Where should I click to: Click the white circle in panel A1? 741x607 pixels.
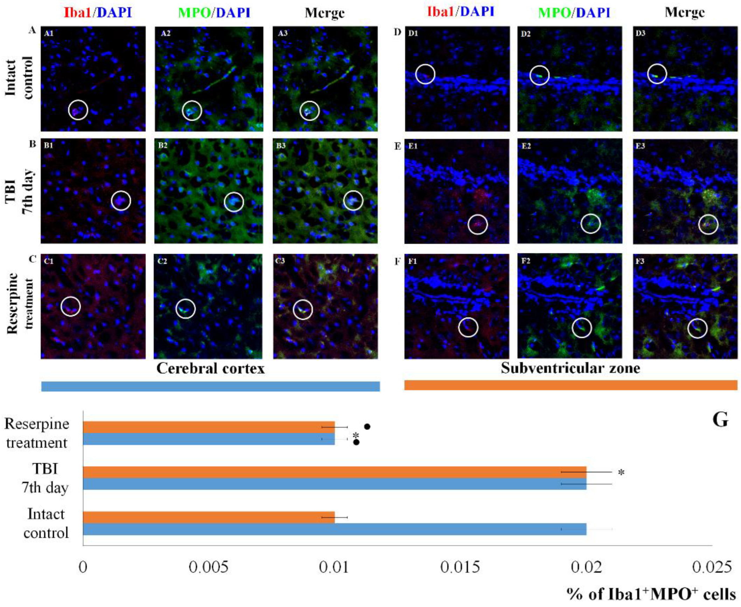(78, 110)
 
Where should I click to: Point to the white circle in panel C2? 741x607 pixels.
(185, 309)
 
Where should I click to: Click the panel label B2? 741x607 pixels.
(162, 146)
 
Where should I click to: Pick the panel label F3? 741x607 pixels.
(639, 261)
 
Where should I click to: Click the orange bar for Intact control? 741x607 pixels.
(209, 517)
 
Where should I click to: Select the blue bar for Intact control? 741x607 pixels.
(334, 529)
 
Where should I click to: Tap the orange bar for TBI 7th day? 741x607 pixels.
(334, 472)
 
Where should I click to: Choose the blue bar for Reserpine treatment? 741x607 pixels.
(209, 439)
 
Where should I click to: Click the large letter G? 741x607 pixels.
(720, 420)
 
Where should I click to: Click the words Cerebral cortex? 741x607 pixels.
(210, 368)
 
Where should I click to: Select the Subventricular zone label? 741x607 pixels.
(570, 368)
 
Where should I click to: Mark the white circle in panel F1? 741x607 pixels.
(468, 327)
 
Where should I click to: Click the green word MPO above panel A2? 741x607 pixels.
(194, 13)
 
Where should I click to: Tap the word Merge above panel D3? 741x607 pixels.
(684, 13)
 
